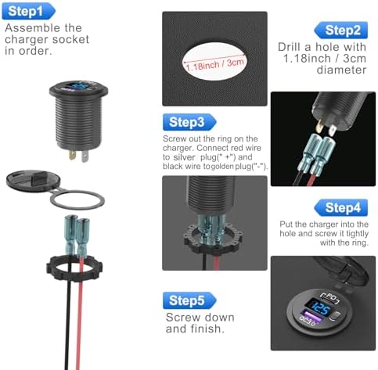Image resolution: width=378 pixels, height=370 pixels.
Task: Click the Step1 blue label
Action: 29,11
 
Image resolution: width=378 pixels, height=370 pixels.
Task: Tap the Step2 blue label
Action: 341,30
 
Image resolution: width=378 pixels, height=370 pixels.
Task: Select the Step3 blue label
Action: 189,122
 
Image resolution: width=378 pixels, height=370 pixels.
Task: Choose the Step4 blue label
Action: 341,207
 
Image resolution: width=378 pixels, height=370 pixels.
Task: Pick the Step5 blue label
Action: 189,300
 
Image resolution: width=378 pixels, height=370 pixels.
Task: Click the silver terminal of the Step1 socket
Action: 85,156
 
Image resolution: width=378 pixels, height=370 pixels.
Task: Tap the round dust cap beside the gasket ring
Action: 33,180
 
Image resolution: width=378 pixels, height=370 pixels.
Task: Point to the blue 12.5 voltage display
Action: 319,308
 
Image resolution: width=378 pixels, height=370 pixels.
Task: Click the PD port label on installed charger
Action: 330,298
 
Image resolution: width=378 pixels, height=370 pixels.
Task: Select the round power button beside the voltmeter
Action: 336,317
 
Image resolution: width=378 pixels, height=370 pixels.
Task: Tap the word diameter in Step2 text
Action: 341,70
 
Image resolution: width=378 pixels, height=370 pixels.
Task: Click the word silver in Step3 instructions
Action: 184,157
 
